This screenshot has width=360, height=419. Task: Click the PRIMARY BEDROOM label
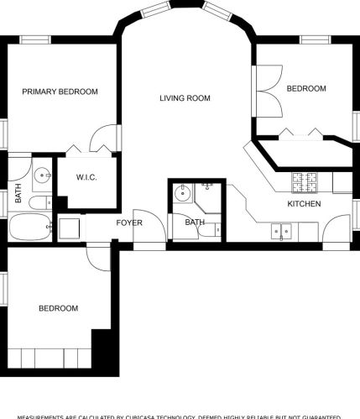(60, 92)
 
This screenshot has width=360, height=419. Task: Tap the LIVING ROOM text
(185, 98)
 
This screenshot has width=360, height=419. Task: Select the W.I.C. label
(88, 177)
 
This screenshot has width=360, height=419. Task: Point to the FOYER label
(129, 223)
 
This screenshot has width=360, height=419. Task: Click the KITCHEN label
(303, 204)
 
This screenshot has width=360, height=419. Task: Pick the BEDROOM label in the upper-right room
(306, 88)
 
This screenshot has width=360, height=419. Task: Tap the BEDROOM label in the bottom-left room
(59, 308)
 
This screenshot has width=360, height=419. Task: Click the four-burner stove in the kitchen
(303, 181)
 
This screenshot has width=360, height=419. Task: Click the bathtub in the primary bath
(30, 228)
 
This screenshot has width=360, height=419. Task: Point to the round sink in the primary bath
(43, 177)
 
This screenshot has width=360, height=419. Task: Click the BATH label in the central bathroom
(195, 223)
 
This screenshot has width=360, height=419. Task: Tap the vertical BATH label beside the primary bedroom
(18, 194)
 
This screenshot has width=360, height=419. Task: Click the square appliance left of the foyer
(69, 228)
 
